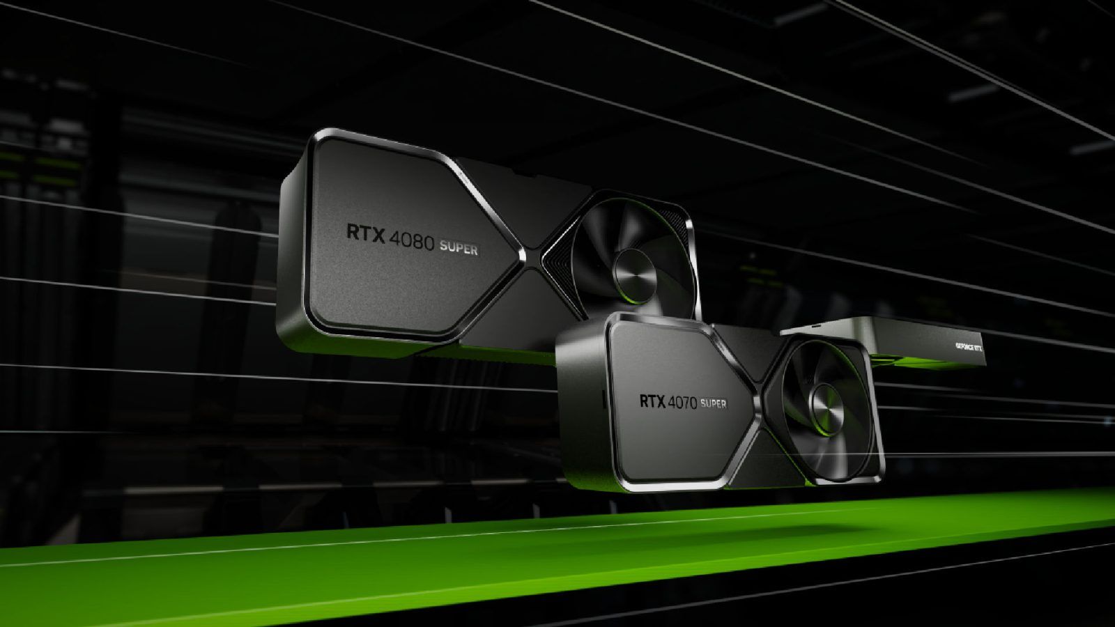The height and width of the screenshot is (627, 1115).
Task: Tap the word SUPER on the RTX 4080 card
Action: pos(459,249)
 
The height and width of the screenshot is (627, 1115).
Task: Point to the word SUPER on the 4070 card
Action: pos(713,404)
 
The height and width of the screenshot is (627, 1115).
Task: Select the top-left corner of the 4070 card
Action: pos(613,318)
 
